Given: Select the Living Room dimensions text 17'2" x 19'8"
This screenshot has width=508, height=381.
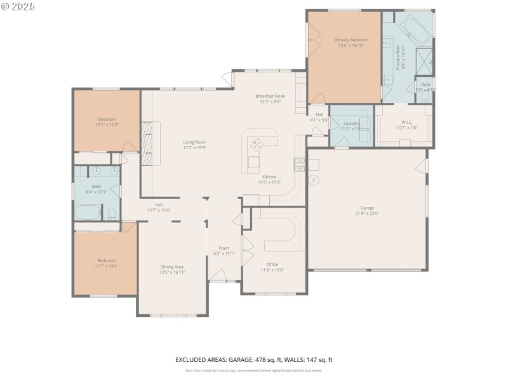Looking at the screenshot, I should tap(194, 147).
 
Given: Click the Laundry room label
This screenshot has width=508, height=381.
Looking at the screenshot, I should tap(351, 123).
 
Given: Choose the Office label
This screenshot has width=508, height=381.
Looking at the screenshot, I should tap(272, 264).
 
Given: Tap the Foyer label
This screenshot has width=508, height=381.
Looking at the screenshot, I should tap(224, 248).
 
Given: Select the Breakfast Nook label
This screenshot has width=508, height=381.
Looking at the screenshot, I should tap(271, 96).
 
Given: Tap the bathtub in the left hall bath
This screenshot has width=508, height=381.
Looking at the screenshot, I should tap(88, 212).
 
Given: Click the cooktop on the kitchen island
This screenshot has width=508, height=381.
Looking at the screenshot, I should tap(258, 144).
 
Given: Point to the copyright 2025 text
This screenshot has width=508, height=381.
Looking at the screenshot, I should tap(18, 6).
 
